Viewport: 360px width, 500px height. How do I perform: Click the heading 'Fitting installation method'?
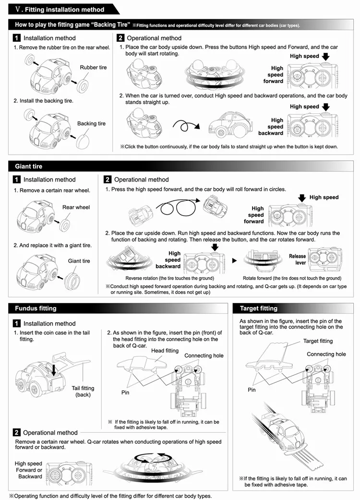(65, 10)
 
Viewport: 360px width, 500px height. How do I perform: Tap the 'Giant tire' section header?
(29, 166)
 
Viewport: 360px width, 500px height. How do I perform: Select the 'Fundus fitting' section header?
(36, 308)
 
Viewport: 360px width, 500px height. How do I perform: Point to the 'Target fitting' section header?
(259, 308)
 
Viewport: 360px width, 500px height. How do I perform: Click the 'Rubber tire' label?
(93, 67)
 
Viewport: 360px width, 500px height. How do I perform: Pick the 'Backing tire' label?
(91, 123)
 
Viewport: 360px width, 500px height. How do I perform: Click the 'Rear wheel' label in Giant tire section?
(76, 207)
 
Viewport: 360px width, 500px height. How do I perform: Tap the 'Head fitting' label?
(165, 351)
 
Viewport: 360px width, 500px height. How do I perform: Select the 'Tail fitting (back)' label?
(83, 391)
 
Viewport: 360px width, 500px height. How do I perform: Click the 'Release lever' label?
(297, 259)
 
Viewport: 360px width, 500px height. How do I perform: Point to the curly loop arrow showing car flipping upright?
(186, 126)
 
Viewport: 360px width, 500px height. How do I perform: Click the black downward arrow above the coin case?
(54, 370)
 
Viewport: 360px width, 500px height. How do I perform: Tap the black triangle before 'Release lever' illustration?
(234, 260)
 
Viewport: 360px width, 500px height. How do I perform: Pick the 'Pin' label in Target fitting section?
(252, 390)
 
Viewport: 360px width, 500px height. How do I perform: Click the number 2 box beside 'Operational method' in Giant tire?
(108, 180)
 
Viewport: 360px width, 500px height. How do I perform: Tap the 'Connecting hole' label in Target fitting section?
(326, 354)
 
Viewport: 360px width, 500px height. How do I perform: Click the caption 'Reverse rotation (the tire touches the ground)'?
(170, 278)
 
